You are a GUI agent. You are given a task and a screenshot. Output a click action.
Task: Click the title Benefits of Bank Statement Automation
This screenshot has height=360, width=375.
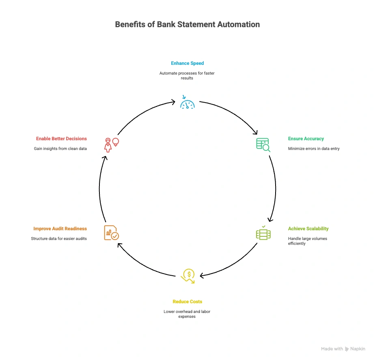[187, 24]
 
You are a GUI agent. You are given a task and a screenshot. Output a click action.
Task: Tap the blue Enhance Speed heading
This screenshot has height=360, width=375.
[187, 63]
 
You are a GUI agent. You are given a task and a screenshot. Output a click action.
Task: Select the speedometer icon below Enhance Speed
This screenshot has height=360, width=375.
[187, 103]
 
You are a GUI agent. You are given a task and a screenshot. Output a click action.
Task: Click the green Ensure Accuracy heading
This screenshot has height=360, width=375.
[306, 139]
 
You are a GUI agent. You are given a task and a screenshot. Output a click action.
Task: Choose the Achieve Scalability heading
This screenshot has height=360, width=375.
[308, 229]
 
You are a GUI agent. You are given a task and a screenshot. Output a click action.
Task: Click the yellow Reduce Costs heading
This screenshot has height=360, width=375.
[187, 302]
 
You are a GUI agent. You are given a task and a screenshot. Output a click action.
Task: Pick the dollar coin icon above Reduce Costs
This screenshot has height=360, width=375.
[188, 276]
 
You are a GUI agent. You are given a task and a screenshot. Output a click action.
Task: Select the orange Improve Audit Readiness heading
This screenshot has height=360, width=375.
[60, 229]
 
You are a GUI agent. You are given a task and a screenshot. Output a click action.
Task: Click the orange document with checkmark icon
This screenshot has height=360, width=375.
[111, 233]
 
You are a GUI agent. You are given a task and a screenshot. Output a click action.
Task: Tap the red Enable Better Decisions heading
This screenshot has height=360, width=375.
[61, 139]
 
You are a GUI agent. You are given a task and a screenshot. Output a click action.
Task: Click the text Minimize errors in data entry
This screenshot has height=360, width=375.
[314, 149]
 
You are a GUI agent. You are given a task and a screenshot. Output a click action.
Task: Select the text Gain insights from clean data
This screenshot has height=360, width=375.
[60, 149]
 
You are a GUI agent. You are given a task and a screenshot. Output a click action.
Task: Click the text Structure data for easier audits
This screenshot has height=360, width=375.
[59, 239]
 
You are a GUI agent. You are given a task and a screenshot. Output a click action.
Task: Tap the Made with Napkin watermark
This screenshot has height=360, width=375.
[343, 349]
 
